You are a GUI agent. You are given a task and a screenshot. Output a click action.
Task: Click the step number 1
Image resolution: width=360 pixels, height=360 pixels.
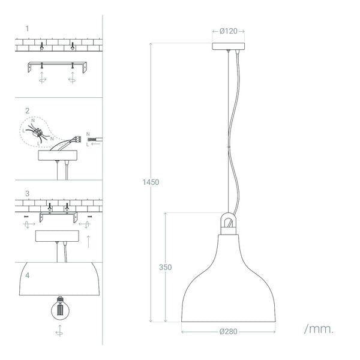point(28,28)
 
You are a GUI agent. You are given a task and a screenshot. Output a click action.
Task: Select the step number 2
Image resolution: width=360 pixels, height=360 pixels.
point(28,111)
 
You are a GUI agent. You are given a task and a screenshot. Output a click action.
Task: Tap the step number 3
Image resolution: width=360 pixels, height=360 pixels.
point(28,194)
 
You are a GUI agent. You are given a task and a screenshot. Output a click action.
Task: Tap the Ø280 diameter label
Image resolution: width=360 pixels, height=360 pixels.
point(229,331)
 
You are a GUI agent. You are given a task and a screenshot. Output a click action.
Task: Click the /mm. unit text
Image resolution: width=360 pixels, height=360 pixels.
point(319,329)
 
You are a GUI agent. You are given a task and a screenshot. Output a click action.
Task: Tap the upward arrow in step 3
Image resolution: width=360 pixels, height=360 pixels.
point(89,242)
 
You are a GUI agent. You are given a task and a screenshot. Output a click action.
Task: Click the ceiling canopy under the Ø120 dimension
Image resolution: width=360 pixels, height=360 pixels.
point(229,46)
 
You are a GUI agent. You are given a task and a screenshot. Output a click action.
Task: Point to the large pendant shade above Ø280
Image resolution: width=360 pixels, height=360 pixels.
point(229,282)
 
